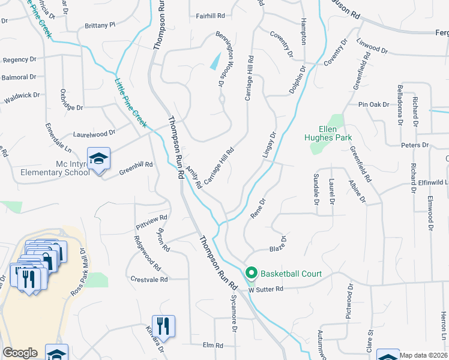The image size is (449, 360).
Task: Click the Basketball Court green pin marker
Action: tap(252, 274)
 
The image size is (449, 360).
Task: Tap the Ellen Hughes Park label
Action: tap(335, 133)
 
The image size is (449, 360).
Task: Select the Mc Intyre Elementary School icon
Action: tap(99, 159)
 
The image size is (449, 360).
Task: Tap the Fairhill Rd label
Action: tap(209, 16)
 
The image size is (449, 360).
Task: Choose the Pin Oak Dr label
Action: tap(374, 104)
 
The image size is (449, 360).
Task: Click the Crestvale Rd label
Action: tap(149, 280)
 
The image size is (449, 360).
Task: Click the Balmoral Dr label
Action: tap(19, 77)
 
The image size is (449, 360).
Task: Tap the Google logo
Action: tap(20, 353)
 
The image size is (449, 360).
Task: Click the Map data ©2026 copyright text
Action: tap(423, 355)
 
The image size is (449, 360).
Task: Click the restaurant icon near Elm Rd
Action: tap(163, 326)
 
